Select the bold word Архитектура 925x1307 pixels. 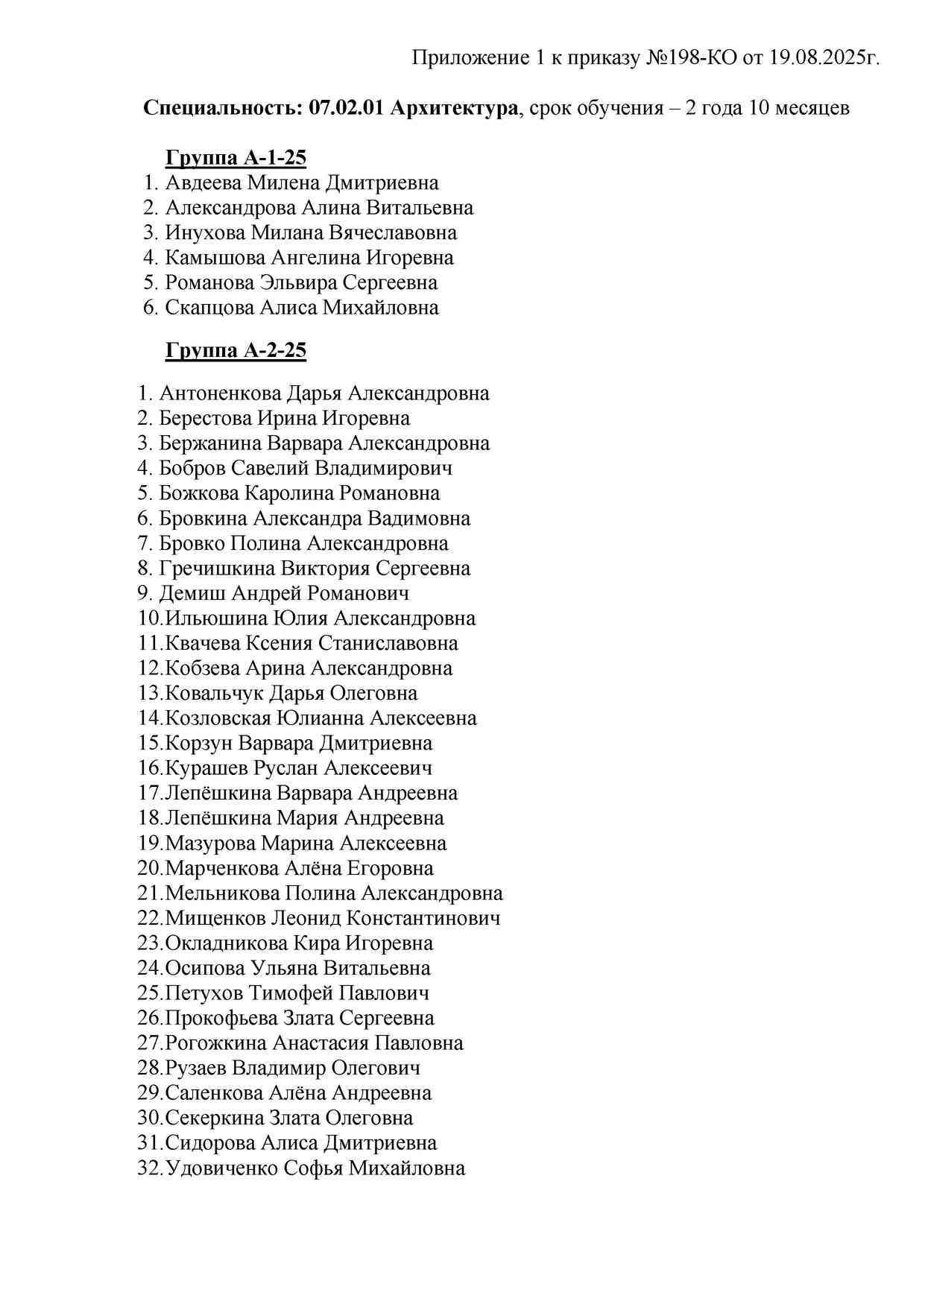coord(453,108)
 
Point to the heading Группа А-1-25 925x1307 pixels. coord(236,158)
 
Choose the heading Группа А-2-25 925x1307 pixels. coord(236,350)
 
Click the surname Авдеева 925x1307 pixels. coord(203,183)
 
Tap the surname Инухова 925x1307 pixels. coord(205,233)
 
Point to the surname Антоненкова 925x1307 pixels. coord(220,393)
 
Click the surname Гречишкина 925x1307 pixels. coord(217,569)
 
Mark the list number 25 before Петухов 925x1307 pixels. coord(149,993)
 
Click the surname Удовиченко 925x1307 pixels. coord(221,1168)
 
